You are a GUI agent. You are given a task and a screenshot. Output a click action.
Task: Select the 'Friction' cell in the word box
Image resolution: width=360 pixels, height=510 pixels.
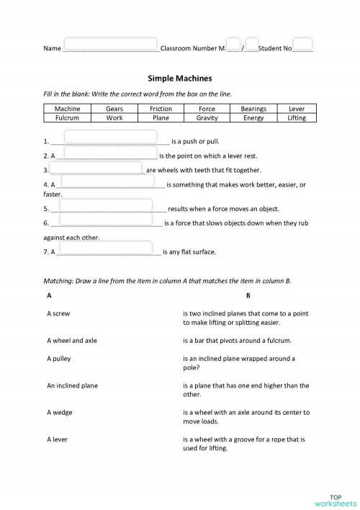(161, 109)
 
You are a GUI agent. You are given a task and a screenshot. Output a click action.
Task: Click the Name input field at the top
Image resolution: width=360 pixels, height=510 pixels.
(110, 44)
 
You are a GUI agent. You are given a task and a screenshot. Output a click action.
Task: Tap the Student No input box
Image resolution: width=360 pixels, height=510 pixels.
(303, 44)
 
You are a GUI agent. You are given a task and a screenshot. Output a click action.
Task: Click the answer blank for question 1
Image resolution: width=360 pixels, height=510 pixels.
(110, 137)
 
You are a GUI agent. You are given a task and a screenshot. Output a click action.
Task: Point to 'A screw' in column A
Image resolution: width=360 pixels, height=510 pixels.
(58, 313)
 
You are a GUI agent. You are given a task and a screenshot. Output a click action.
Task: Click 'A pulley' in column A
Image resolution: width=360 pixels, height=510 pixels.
(59, 358)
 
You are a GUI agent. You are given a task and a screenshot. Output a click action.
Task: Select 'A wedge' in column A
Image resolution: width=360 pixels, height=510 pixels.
(59, 412)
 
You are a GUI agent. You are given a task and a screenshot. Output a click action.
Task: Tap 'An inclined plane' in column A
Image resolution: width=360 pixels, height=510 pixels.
(72, 385)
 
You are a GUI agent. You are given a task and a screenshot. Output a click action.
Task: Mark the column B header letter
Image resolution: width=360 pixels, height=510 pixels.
(248, 295)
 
